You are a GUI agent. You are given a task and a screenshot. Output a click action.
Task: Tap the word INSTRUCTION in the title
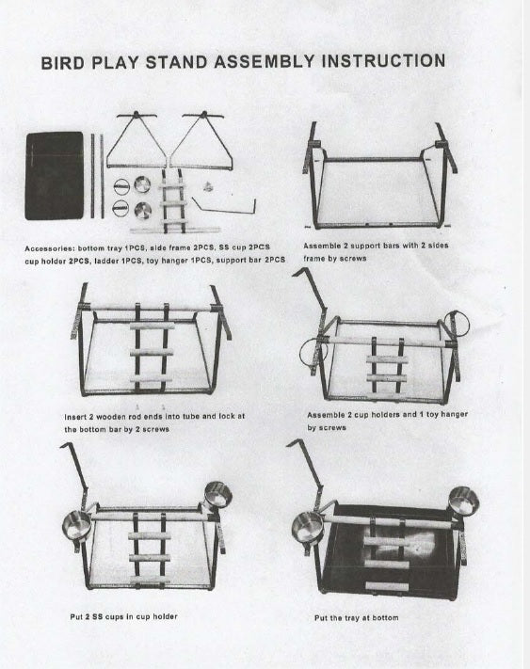pos(383,60)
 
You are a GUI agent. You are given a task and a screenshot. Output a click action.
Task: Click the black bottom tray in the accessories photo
pos(55,176)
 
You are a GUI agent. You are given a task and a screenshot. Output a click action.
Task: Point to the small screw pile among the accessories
pos(208,186)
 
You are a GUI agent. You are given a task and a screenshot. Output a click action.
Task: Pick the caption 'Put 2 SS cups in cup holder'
pos(123,616)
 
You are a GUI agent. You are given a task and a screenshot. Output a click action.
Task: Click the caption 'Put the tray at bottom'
pos(357,618)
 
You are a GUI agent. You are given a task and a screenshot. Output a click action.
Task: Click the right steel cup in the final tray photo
pos(463,501)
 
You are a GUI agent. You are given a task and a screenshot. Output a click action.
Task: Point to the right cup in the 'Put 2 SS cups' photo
pos(217,495)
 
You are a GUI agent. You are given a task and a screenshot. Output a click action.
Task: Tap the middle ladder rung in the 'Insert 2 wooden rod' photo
pos(152,353)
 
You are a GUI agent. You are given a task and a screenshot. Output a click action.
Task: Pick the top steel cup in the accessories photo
pos(142,184)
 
